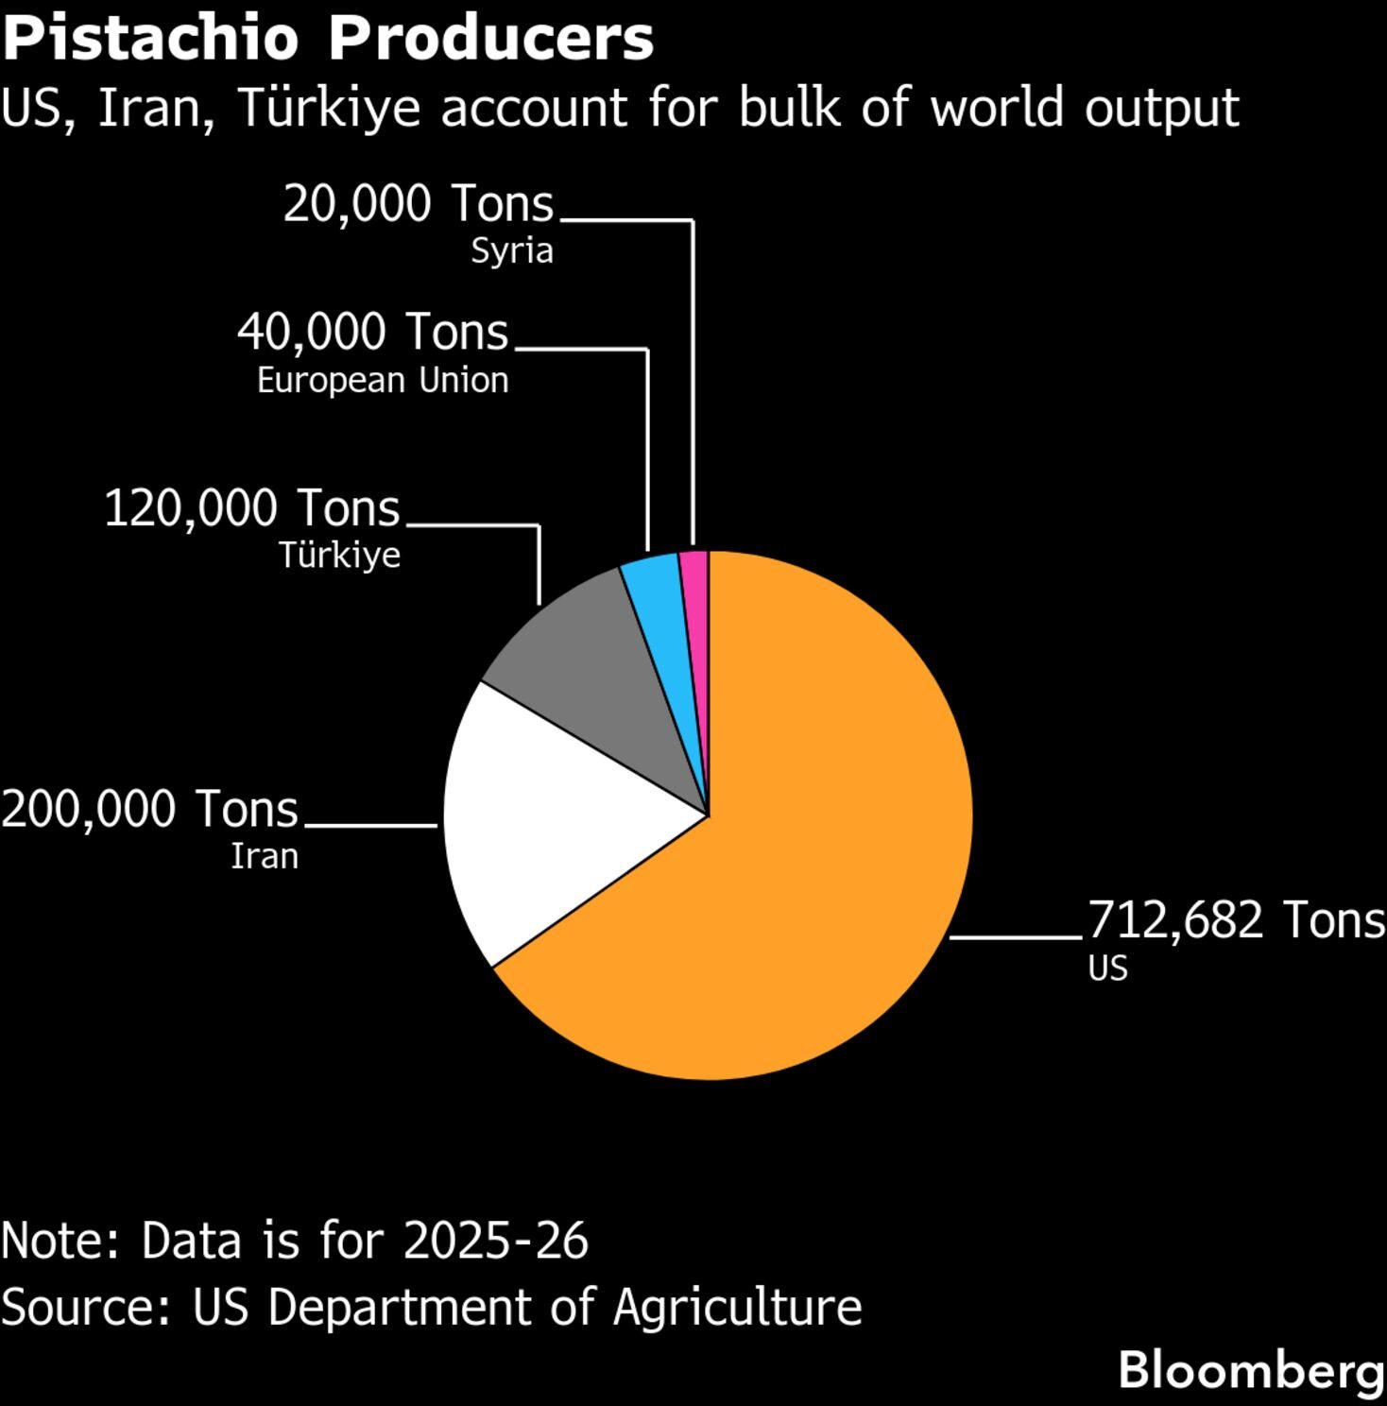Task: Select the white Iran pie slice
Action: coord(548,822)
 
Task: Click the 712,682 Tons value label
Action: coord(1236,919)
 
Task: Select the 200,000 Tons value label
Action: coord(149,810)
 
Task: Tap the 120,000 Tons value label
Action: coord(252,508)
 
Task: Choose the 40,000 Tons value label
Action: coord(373,333)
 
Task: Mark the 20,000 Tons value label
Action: coord(419,204)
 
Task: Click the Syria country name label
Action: coord(512,251)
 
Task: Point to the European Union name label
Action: coord(383,380)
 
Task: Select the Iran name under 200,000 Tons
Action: coord(265,856)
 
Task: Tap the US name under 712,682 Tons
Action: coord(1107,969)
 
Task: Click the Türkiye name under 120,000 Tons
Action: coord(339,555)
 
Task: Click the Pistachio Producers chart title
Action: coord(328,39)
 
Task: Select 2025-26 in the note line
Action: coord(496,1241)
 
